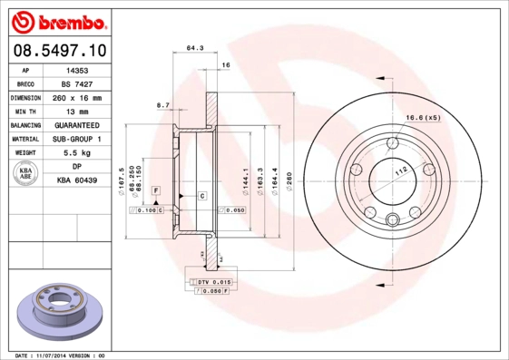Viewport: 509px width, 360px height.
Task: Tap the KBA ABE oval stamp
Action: pos(26,174)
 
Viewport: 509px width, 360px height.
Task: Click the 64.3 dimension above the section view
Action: pos(193,47)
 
